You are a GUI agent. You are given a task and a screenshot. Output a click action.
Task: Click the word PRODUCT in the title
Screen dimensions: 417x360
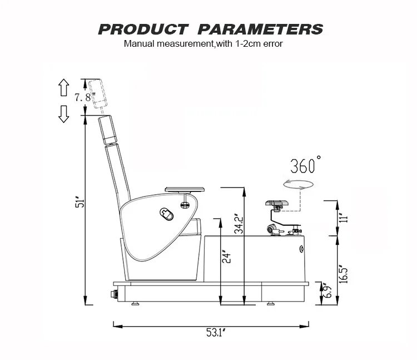pos(143,29)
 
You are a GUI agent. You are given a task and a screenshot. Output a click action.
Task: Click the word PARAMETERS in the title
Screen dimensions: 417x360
pos(260,29)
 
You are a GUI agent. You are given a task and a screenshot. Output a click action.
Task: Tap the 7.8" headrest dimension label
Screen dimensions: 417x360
pos(85,97)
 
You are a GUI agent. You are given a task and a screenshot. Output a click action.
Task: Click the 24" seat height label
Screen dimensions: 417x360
pos(226,257)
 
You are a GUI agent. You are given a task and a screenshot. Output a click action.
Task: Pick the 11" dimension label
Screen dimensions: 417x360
pos(344,218)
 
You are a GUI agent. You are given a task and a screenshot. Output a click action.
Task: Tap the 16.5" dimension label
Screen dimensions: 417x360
pos(344,274)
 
